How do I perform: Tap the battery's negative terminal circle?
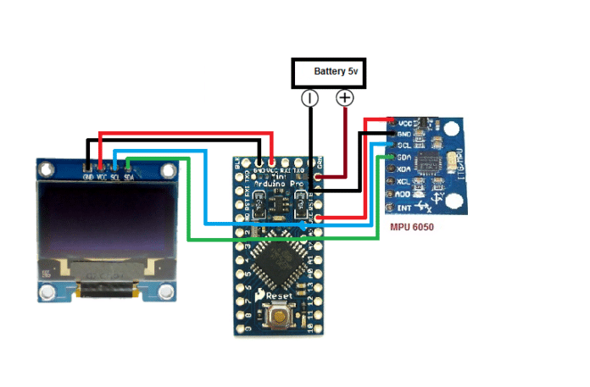[310, 98]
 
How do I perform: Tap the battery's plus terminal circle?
[345, 98]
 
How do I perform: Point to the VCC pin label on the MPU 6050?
[405, 122]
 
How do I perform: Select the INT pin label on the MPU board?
[404, 207]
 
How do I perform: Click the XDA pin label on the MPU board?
[404, 169]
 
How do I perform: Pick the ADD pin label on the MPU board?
[404, 194]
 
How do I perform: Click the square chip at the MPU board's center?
[431, 163]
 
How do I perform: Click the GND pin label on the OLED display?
[87, 177]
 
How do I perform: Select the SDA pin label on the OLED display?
[128, 177]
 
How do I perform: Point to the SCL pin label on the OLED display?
[114, 177]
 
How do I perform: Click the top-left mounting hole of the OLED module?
[48, 169]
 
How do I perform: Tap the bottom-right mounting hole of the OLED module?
[165, 292]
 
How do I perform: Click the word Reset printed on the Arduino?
[279, 296]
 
